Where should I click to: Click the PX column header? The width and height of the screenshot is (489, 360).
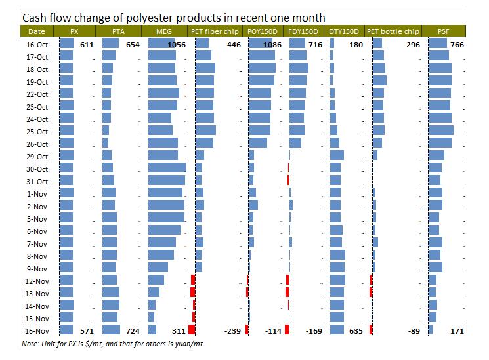(77, 31)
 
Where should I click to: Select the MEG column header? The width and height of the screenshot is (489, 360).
(165, 31)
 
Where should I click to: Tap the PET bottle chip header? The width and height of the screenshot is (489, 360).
(393, 31)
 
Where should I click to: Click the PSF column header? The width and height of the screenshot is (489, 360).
(444, 31)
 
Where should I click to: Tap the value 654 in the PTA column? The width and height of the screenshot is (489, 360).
(133, 44)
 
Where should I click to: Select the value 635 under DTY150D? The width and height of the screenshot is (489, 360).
(355, 331)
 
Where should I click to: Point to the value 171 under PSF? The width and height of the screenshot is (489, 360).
(457, 331)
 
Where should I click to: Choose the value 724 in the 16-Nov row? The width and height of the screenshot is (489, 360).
(133, 331)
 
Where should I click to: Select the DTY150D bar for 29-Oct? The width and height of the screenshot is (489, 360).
(336, 156)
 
